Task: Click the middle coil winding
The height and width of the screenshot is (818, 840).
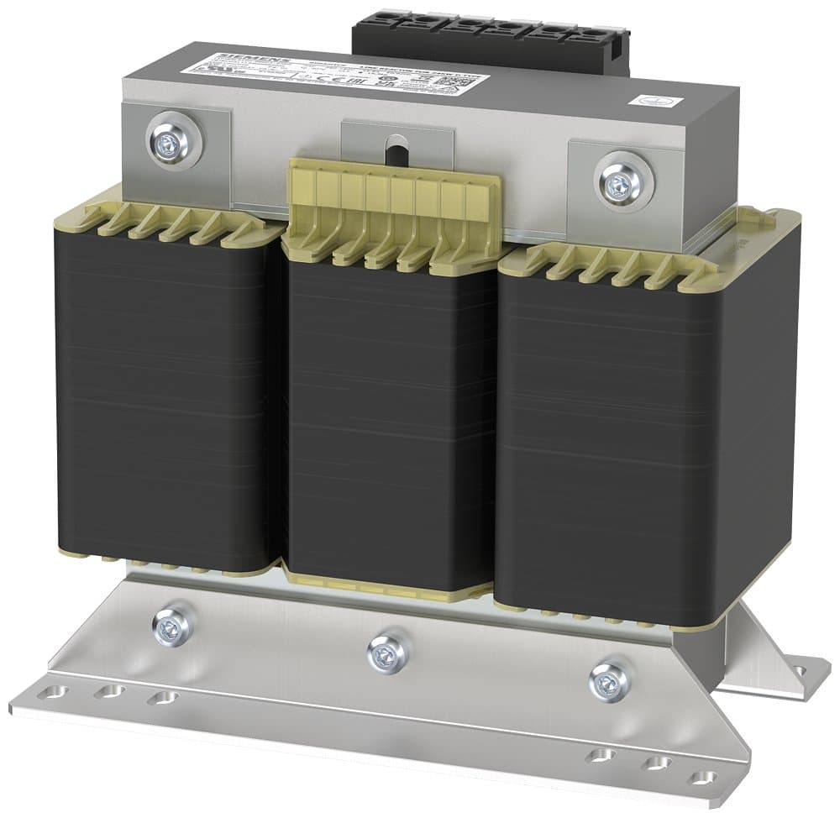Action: [391, 420]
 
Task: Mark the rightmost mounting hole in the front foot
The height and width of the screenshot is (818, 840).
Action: [700, 776]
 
